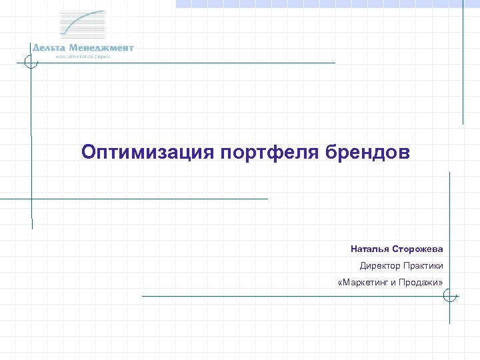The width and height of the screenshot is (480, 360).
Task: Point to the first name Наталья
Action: point(366,249)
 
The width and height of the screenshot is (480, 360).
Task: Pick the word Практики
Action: point(422,265)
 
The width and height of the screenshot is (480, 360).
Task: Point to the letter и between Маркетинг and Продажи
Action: point(393,282)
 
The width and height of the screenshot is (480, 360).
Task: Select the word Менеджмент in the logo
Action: point(101,48)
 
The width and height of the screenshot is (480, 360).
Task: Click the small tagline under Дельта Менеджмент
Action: point(83,57)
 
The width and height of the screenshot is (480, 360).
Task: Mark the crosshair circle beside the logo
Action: point(29,63)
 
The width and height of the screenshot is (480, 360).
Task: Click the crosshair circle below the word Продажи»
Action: point(450,295)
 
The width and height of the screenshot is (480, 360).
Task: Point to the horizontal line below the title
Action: point(133,198)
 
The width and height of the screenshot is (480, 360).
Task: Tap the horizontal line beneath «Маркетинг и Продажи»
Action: point(293,296)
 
